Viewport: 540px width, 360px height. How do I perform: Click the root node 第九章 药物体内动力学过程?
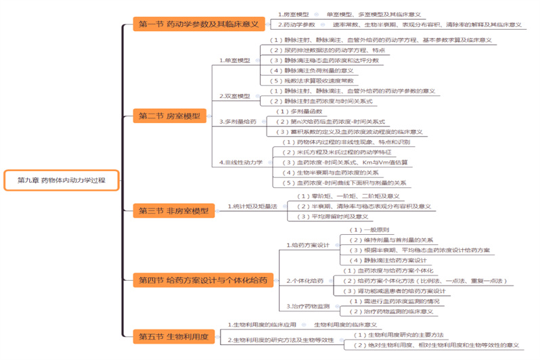coord(61,180)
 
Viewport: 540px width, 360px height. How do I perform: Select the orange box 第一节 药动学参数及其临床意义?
coord(198,24)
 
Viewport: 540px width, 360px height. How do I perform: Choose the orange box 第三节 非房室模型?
coord(173,210)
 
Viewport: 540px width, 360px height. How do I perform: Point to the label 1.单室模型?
coord(235,60)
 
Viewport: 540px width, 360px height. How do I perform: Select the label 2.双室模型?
coord(235,95)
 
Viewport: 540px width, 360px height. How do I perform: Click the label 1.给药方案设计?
coord(307,245)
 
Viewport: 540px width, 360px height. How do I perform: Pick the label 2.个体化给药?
coord(305,280)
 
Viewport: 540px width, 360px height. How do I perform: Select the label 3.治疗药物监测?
coord(308,306)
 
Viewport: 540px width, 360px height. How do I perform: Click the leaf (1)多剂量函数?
coord(300,111)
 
